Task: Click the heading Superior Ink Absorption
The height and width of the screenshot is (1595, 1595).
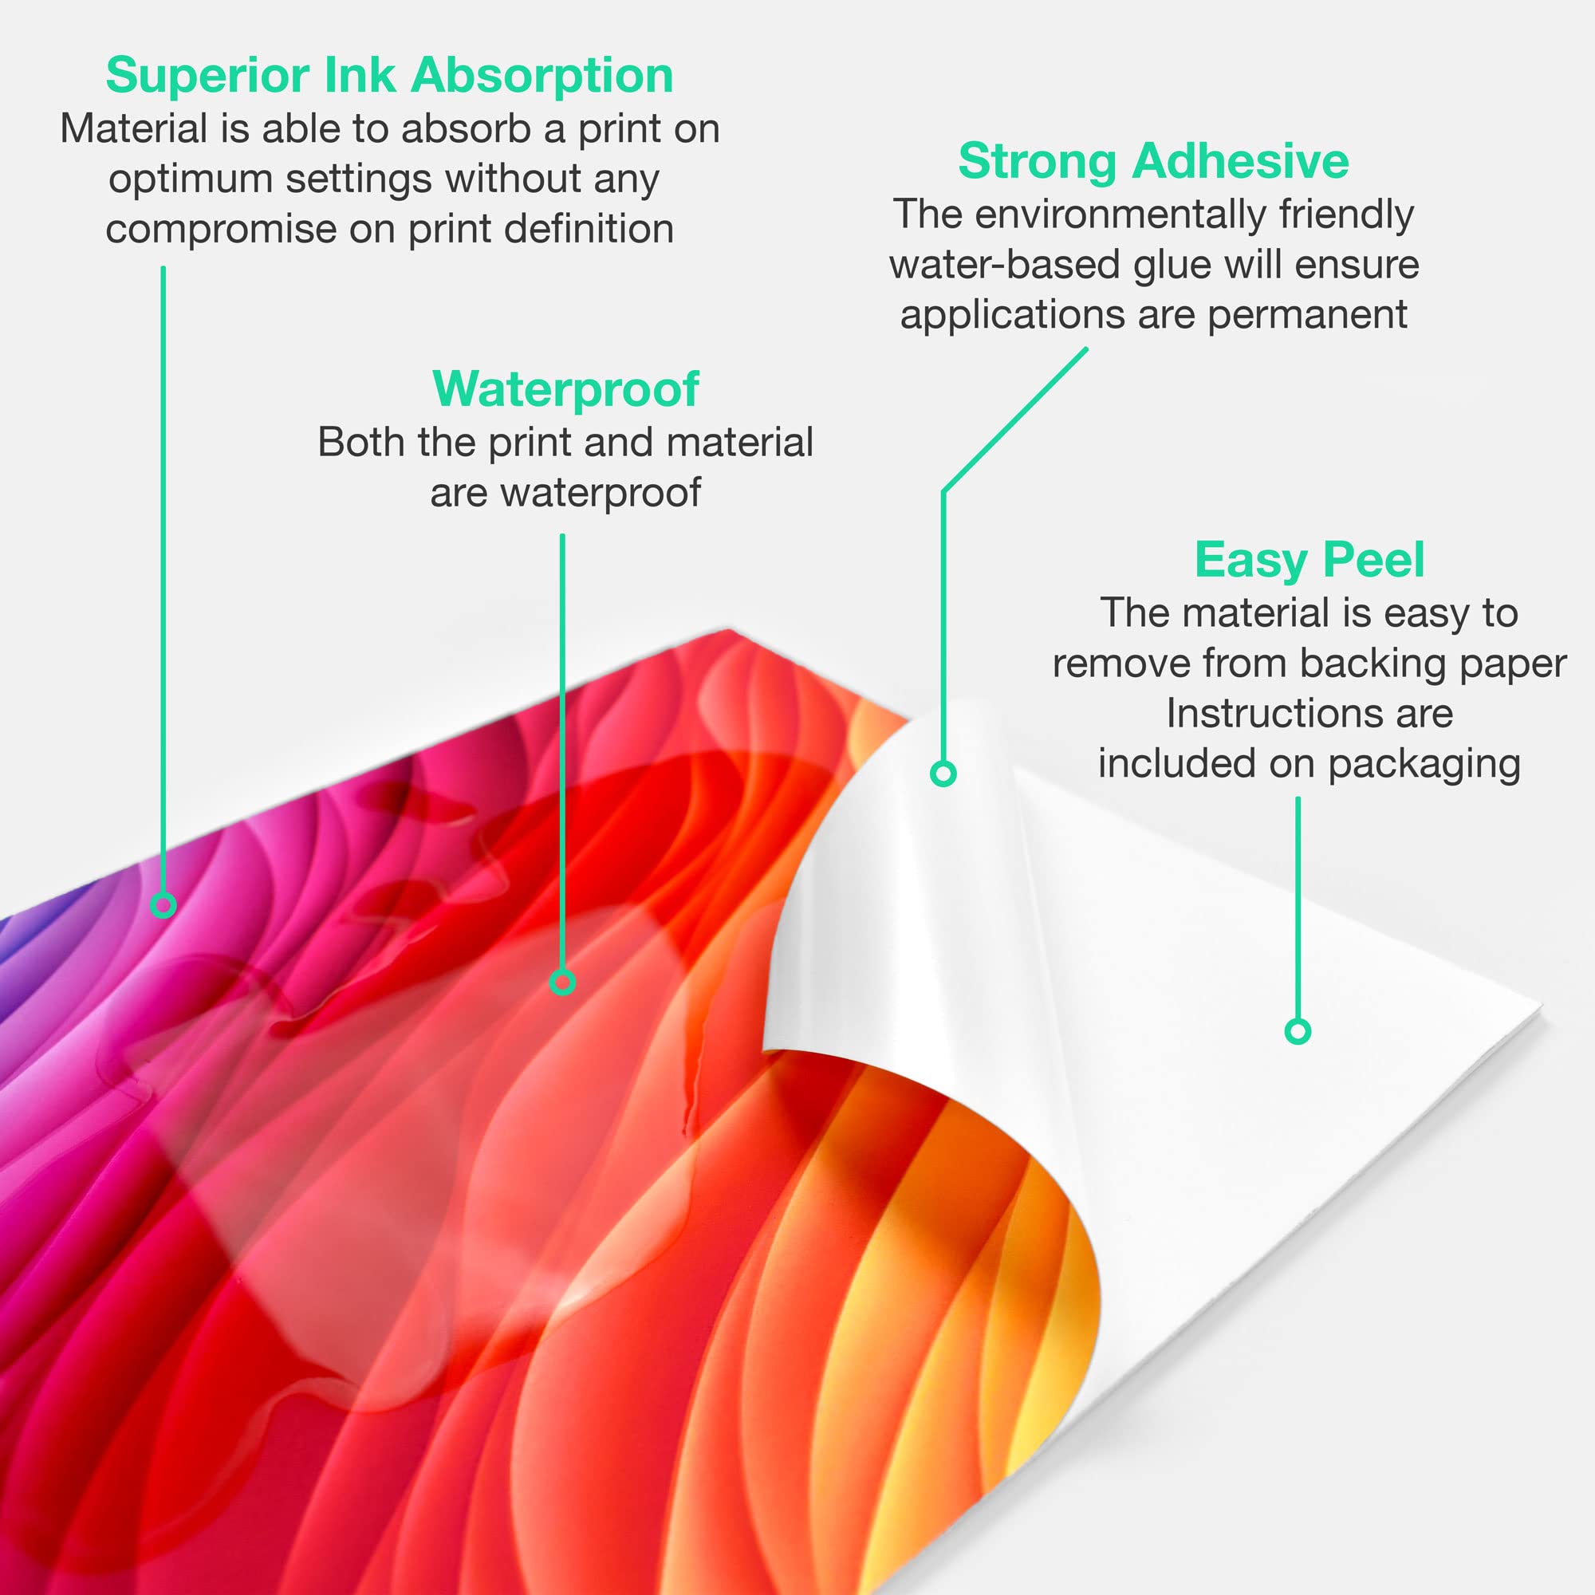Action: click(x=390, y=76)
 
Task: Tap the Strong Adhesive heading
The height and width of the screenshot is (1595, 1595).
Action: click(x=1153, y=160)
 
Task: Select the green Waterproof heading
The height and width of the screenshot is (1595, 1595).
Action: click(x=565, y=389)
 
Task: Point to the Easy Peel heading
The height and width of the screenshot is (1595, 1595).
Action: click(x=1309, y=560)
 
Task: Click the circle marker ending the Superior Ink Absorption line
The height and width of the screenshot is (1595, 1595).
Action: click(x=163, y=906)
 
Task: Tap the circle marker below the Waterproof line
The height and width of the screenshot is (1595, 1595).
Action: click(x=562, y=983)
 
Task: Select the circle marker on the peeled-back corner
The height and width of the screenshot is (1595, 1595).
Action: click(x=943, y=774)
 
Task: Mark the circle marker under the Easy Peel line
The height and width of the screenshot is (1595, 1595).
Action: click(x=1298, y=1031)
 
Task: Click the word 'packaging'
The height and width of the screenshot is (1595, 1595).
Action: click(x=1424, y=765)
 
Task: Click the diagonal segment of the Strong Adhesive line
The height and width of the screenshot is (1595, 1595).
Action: click(x=1014, y=420)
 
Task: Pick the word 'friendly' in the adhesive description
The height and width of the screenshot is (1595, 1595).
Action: click(x=1345, y=215)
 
